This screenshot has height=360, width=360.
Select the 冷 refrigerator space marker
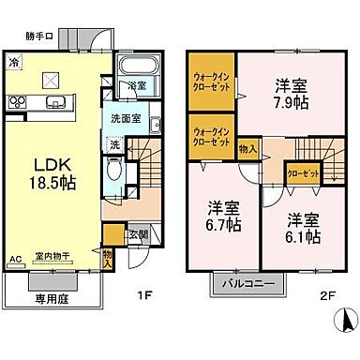(x=14, y=63)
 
